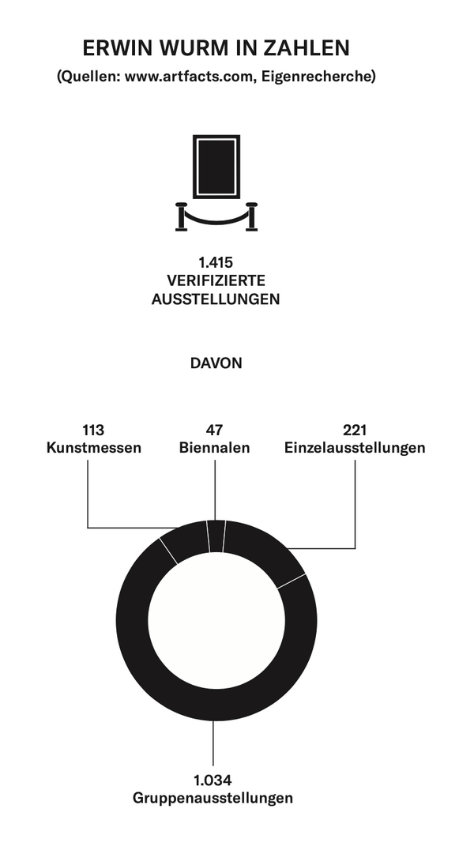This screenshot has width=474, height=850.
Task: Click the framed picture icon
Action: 216,166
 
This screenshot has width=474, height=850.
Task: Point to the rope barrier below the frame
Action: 216,217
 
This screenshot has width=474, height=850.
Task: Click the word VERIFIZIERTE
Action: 216,280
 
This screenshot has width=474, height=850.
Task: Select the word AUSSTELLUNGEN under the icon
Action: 216,299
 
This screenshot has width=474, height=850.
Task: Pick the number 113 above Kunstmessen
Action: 93,431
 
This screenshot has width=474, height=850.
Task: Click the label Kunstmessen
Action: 94,448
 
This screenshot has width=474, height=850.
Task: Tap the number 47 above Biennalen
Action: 214,431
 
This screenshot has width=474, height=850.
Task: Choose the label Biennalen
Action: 214,448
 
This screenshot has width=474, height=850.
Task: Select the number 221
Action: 355,431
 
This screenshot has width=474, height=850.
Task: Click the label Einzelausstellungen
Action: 355,448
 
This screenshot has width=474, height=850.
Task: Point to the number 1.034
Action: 213,780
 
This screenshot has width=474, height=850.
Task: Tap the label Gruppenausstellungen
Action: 213,798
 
